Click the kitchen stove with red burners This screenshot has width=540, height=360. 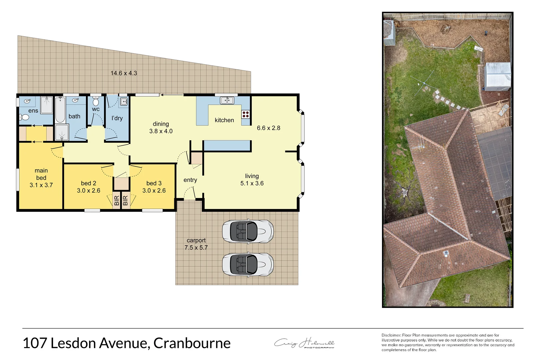[x=246, y=114]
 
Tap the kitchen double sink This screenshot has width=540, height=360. [x=227, y=100]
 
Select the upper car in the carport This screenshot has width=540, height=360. [x=248, y=231]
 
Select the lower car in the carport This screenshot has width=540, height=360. [x=248, y=264]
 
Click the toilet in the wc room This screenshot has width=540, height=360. [x=96, y=102]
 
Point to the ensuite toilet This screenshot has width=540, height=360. [x=25, y=117]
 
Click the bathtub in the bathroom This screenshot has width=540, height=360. [x=60, y=110]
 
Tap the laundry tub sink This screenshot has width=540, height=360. [x=123, y=101]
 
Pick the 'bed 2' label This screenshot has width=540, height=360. [x=88, y=183]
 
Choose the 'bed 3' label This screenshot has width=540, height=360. [x=154, y=183]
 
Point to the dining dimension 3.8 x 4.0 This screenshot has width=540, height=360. [x=161, y=131]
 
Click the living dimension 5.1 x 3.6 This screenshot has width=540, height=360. [x=252, y=183]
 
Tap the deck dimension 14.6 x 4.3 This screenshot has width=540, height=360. [x=124, y=73]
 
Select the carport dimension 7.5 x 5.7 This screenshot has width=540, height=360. [x=196, y=248]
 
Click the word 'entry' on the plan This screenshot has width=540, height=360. [x=190, y=180]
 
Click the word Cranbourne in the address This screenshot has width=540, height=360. [x=192, y=343]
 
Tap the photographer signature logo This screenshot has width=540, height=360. [x=304, y=343]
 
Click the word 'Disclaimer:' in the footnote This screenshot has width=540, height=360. [x=391, y=335]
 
